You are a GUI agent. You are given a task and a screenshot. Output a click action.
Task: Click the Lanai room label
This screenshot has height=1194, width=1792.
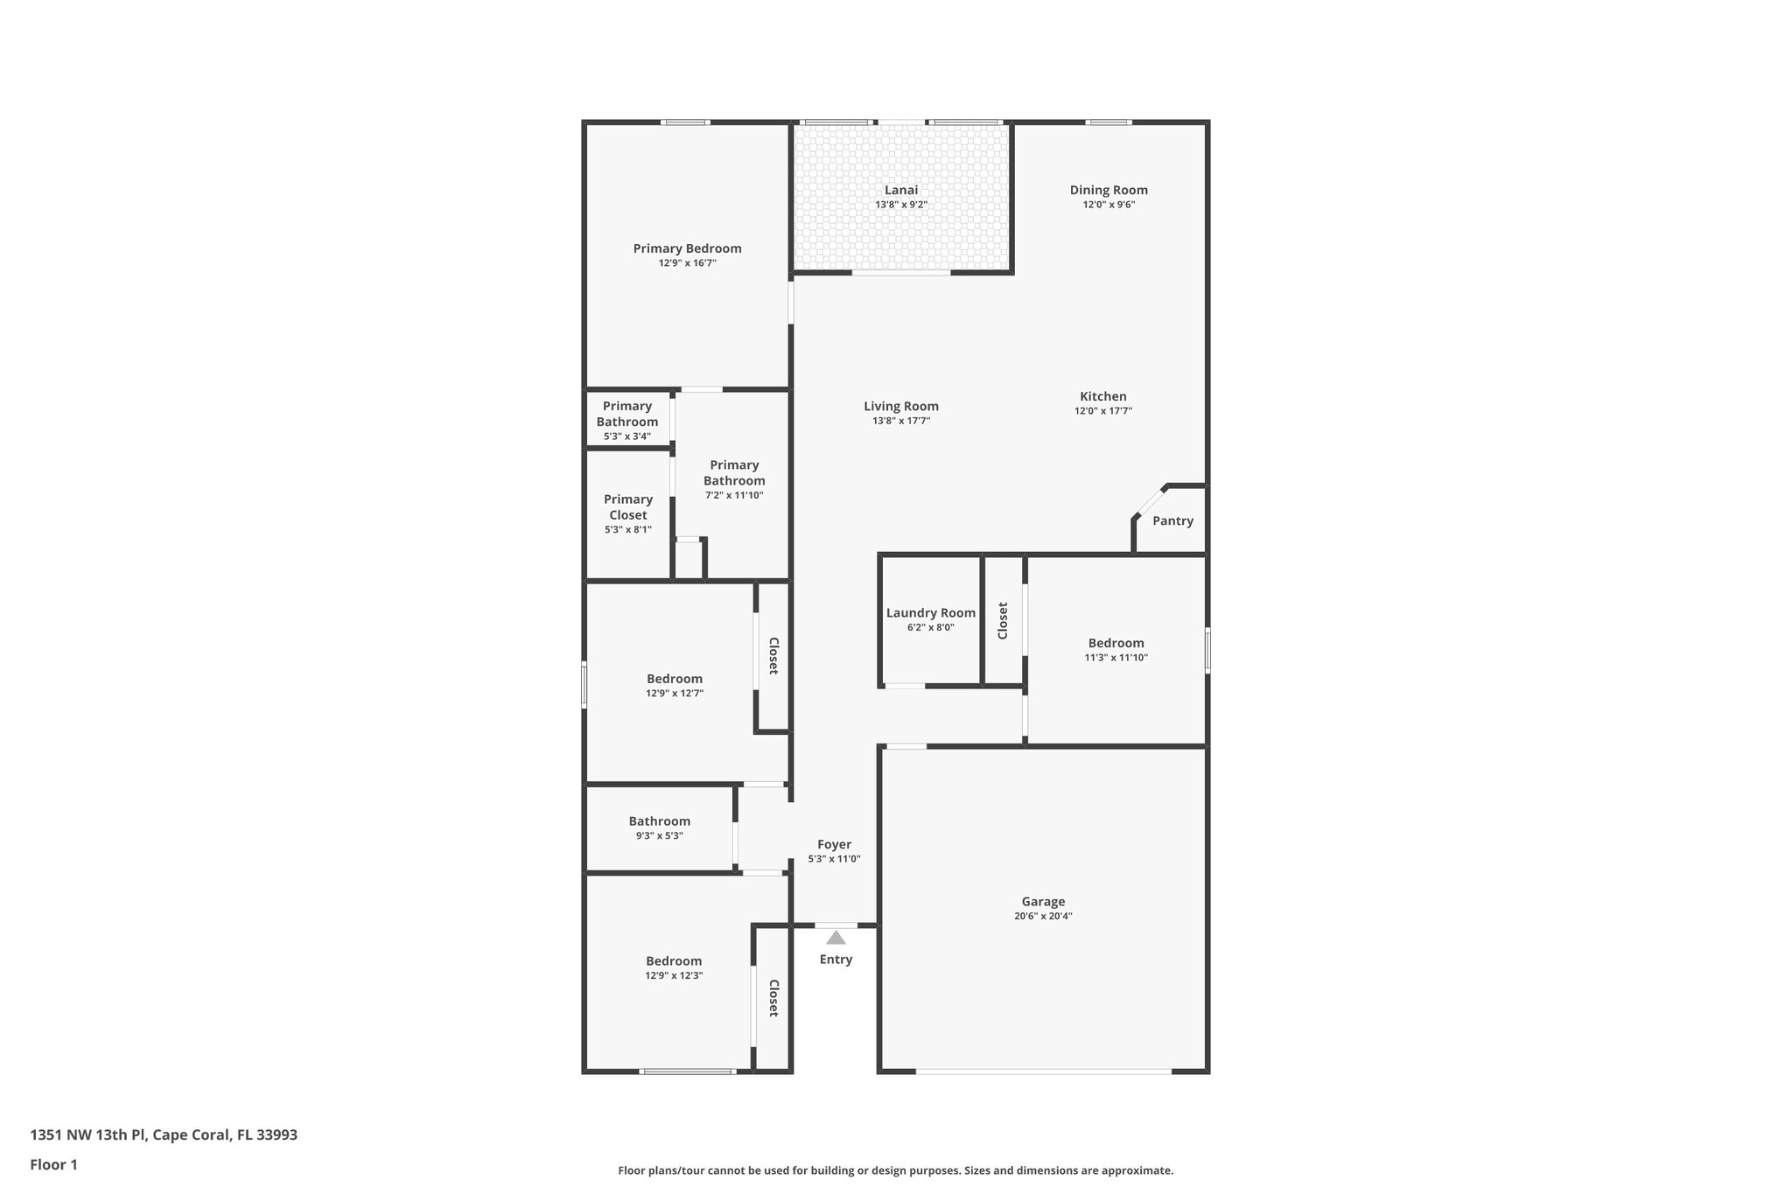(x=900, y=190)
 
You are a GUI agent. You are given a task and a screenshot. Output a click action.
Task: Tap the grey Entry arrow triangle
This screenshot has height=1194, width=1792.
(x=836, y=938)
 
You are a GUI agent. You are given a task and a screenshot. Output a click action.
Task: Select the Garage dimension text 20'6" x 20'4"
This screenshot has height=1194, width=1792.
(x=1043, y=916)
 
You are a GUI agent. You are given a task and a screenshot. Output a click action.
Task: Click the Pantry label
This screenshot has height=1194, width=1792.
(x=1172, y=520)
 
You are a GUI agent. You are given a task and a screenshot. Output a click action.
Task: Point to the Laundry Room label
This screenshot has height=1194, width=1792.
(x=930, y=612)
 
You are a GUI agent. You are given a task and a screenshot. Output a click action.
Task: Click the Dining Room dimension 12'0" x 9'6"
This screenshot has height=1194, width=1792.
(x=1109, y=205)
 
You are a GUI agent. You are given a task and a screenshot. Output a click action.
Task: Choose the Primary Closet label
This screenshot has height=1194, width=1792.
(x=627, y=506)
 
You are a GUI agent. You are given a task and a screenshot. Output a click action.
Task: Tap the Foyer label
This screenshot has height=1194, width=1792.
(x=834, y=844)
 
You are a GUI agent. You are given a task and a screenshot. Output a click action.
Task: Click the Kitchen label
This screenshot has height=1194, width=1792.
(x=1102, y=396)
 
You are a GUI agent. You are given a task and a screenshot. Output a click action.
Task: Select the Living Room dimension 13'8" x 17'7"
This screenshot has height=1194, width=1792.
(x=900, y=421)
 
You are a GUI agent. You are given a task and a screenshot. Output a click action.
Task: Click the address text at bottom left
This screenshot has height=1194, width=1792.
(x=164, y=1135)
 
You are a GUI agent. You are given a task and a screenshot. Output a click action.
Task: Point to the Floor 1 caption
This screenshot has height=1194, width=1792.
(x=53, y=1164)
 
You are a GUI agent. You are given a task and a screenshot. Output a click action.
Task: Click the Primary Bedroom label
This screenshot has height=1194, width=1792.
(x=687, y=248)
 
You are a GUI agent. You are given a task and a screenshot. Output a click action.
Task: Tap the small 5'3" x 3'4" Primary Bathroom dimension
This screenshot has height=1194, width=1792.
(x=626, y=436)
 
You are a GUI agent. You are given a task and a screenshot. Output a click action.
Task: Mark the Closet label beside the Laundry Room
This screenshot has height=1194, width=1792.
(x=1003, y=620)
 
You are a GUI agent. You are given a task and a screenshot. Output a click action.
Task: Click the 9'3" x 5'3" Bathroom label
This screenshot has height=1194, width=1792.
(x=659, y=820)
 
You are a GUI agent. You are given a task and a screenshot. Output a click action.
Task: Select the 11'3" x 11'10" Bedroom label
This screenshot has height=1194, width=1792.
(x=1116, y=643)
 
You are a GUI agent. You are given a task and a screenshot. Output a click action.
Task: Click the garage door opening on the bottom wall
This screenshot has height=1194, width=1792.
(x=1043, y=1071)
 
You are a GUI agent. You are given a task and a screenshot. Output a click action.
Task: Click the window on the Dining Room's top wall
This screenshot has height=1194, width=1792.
(x=1108, y=122)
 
